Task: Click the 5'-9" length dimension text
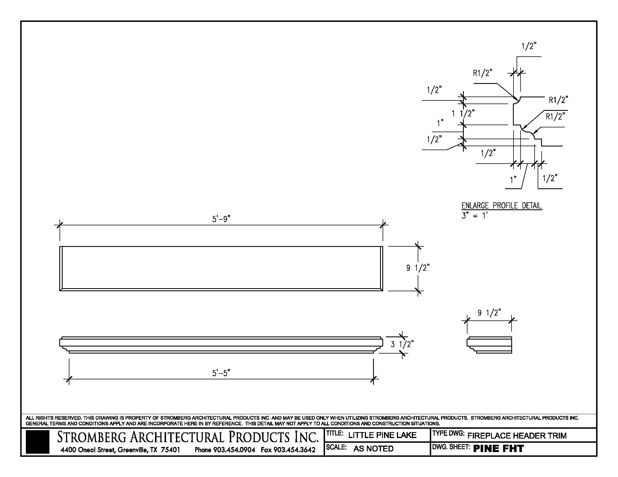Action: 221,219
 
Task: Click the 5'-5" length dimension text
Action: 221,373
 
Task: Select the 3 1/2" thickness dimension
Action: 402,344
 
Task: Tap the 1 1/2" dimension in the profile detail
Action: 463,114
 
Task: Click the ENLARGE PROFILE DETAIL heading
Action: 501,205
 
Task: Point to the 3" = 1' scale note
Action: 474,216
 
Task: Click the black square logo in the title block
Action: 37,442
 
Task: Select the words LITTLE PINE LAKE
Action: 382,435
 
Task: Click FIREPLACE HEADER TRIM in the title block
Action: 517,436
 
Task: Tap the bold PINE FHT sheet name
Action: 498,449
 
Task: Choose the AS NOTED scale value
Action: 373,449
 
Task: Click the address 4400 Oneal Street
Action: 87,450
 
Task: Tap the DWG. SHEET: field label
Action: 451,447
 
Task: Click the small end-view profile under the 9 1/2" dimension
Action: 489,345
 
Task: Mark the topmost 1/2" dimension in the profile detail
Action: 529,46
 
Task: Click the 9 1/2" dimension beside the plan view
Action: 418,268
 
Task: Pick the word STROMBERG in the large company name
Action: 92,437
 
